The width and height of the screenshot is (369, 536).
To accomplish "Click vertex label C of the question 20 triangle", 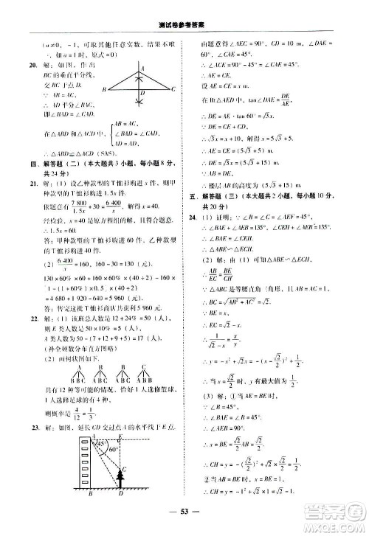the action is pos(173,89).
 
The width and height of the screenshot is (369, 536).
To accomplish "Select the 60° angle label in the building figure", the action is pos(114,449).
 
